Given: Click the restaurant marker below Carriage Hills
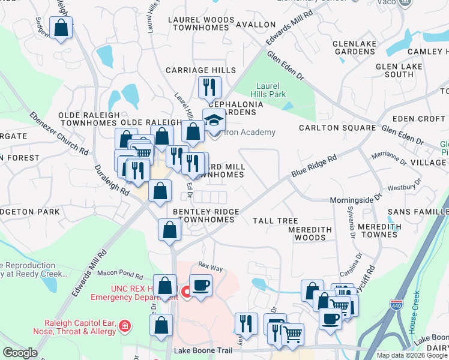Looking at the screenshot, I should (209, 87).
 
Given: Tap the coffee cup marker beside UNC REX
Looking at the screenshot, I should (200, 285).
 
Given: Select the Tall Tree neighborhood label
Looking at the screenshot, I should (276, 221).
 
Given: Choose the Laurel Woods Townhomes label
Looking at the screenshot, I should (200, 25).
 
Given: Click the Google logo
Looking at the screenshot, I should (20, 352).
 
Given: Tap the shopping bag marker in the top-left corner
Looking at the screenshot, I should (61, 28).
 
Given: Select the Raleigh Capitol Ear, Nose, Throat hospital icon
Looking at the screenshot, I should (124, 326).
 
